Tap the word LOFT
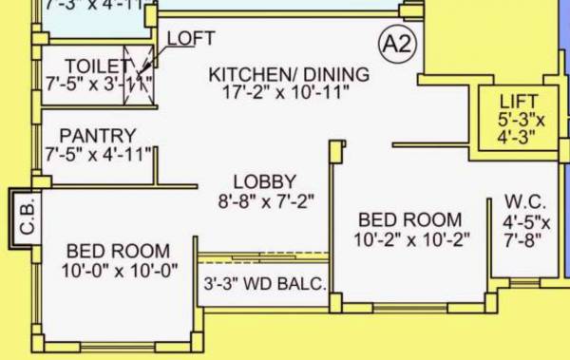191,38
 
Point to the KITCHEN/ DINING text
289,74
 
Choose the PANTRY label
97,136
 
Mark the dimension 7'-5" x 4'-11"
99,154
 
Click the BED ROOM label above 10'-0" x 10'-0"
119,252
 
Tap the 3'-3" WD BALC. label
265,284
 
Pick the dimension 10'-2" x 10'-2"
413,239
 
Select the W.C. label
524,202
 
